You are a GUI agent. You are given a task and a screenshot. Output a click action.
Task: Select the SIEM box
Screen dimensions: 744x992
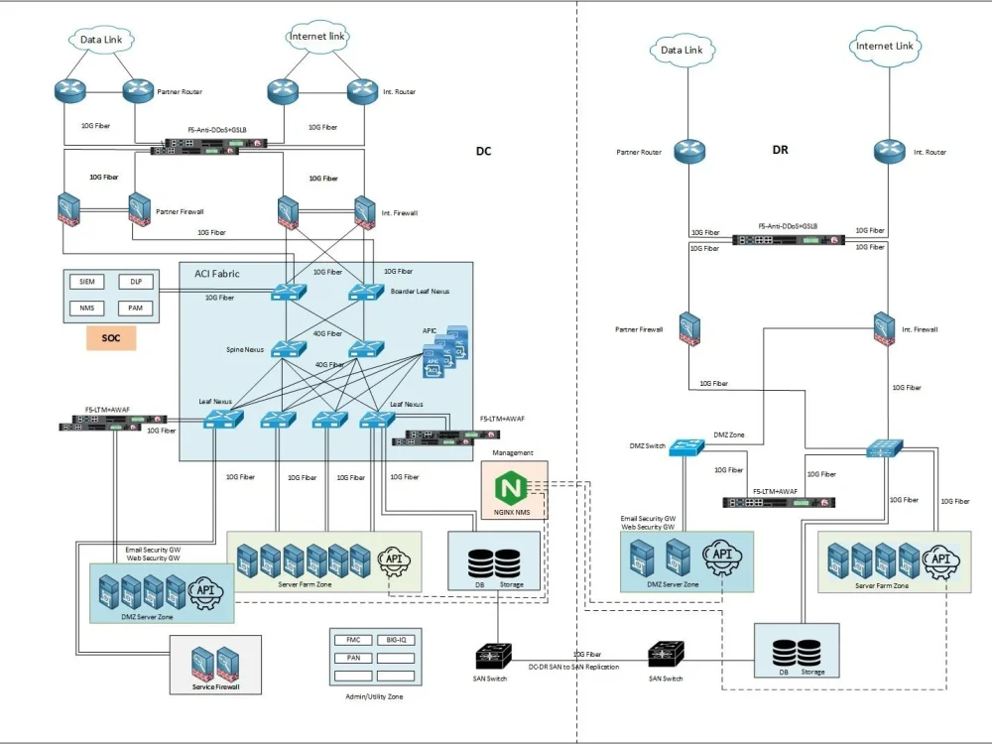86,282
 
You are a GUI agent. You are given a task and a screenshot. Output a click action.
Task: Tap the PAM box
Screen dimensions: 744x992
136,308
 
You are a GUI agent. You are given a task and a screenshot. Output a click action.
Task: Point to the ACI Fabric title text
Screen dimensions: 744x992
217,274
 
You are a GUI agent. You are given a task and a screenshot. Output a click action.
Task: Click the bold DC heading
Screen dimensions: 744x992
484,152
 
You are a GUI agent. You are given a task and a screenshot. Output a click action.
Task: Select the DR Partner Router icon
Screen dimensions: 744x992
687,152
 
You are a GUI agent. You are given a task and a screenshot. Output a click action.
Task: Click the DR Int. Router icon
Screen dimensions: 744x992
888,152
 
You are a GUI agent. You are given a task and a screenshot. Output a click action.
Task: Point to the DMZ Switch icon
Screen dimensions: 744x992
685,447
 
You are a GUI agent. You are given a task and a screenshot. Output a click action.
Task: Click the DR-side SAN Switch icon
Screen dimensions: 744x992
666,655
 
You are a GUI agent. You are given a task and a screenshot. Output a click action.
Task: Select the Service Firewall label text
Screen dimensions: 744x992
215,687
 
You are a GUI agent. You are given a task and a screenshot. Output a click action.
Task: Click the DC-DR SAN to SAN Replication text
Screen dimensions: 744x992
573,667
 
